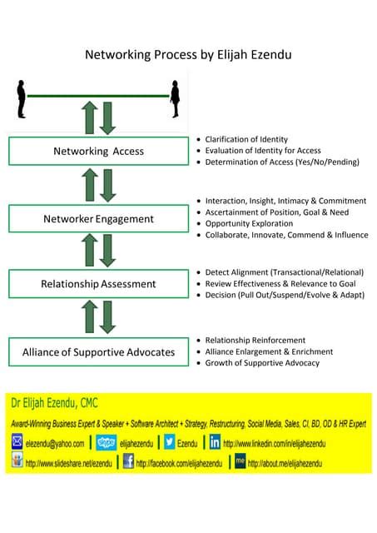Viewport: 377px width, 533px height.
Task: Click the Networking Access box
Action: [x=98, y=152]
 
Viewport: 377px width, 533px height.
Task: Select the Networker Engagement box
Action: [x=98, y=219]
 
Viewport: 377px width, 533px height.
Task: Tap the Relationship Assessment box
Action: [x=98, y=284]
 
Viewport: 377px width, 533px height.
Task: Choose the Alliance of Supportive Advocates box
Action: [x=98, y=351]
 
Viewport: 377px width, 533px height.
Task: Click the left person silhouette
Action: [x=21, y=98]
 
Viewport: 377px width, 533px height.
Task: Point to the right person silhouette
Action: [x=175, y=98]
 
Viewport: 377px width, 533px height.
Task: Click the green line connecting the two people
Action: [x=98, y=96]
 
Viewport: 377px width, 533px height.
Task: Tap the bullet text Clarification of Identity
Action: [x=246, y=139]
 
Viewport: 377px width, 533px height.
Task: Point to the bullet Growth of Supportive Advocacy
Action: [x=262, y=362]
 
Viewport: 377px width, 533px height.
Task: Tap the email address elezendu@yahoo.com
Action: [x=55, y=444]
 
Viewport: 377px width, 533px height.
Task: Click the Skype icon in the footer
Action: [x=106, y=443]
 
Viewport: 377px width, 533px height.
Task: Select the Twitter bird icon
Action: [x=170, y=443]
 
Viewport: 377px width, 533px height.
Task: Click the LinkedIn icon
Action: [x=215, y=443]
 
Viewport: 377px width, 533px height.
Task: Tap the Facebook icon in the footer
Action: [x=128, y=461]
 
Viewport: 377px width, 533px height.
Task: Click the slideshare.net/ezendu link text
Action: [x=68, y=463]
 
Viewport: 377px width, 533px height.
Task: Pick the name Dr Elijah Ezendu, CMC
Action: [x=54, y=404]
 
